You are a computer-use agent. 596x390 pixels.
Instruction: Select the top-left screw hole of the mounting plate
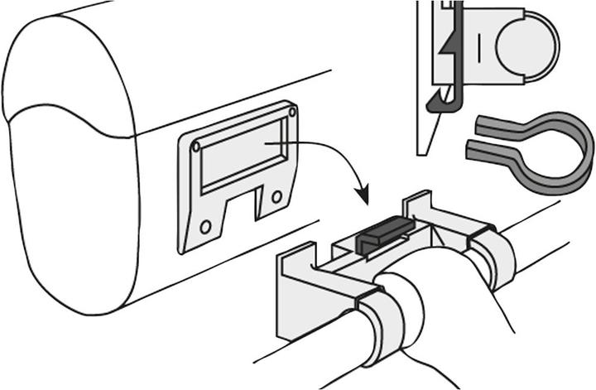[195, 146]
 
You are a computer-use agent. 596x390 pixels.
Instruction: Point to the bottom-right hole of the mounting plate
[276, 196]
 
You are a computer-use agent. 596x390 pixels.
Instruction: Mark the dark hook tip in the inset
[432, 104]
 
